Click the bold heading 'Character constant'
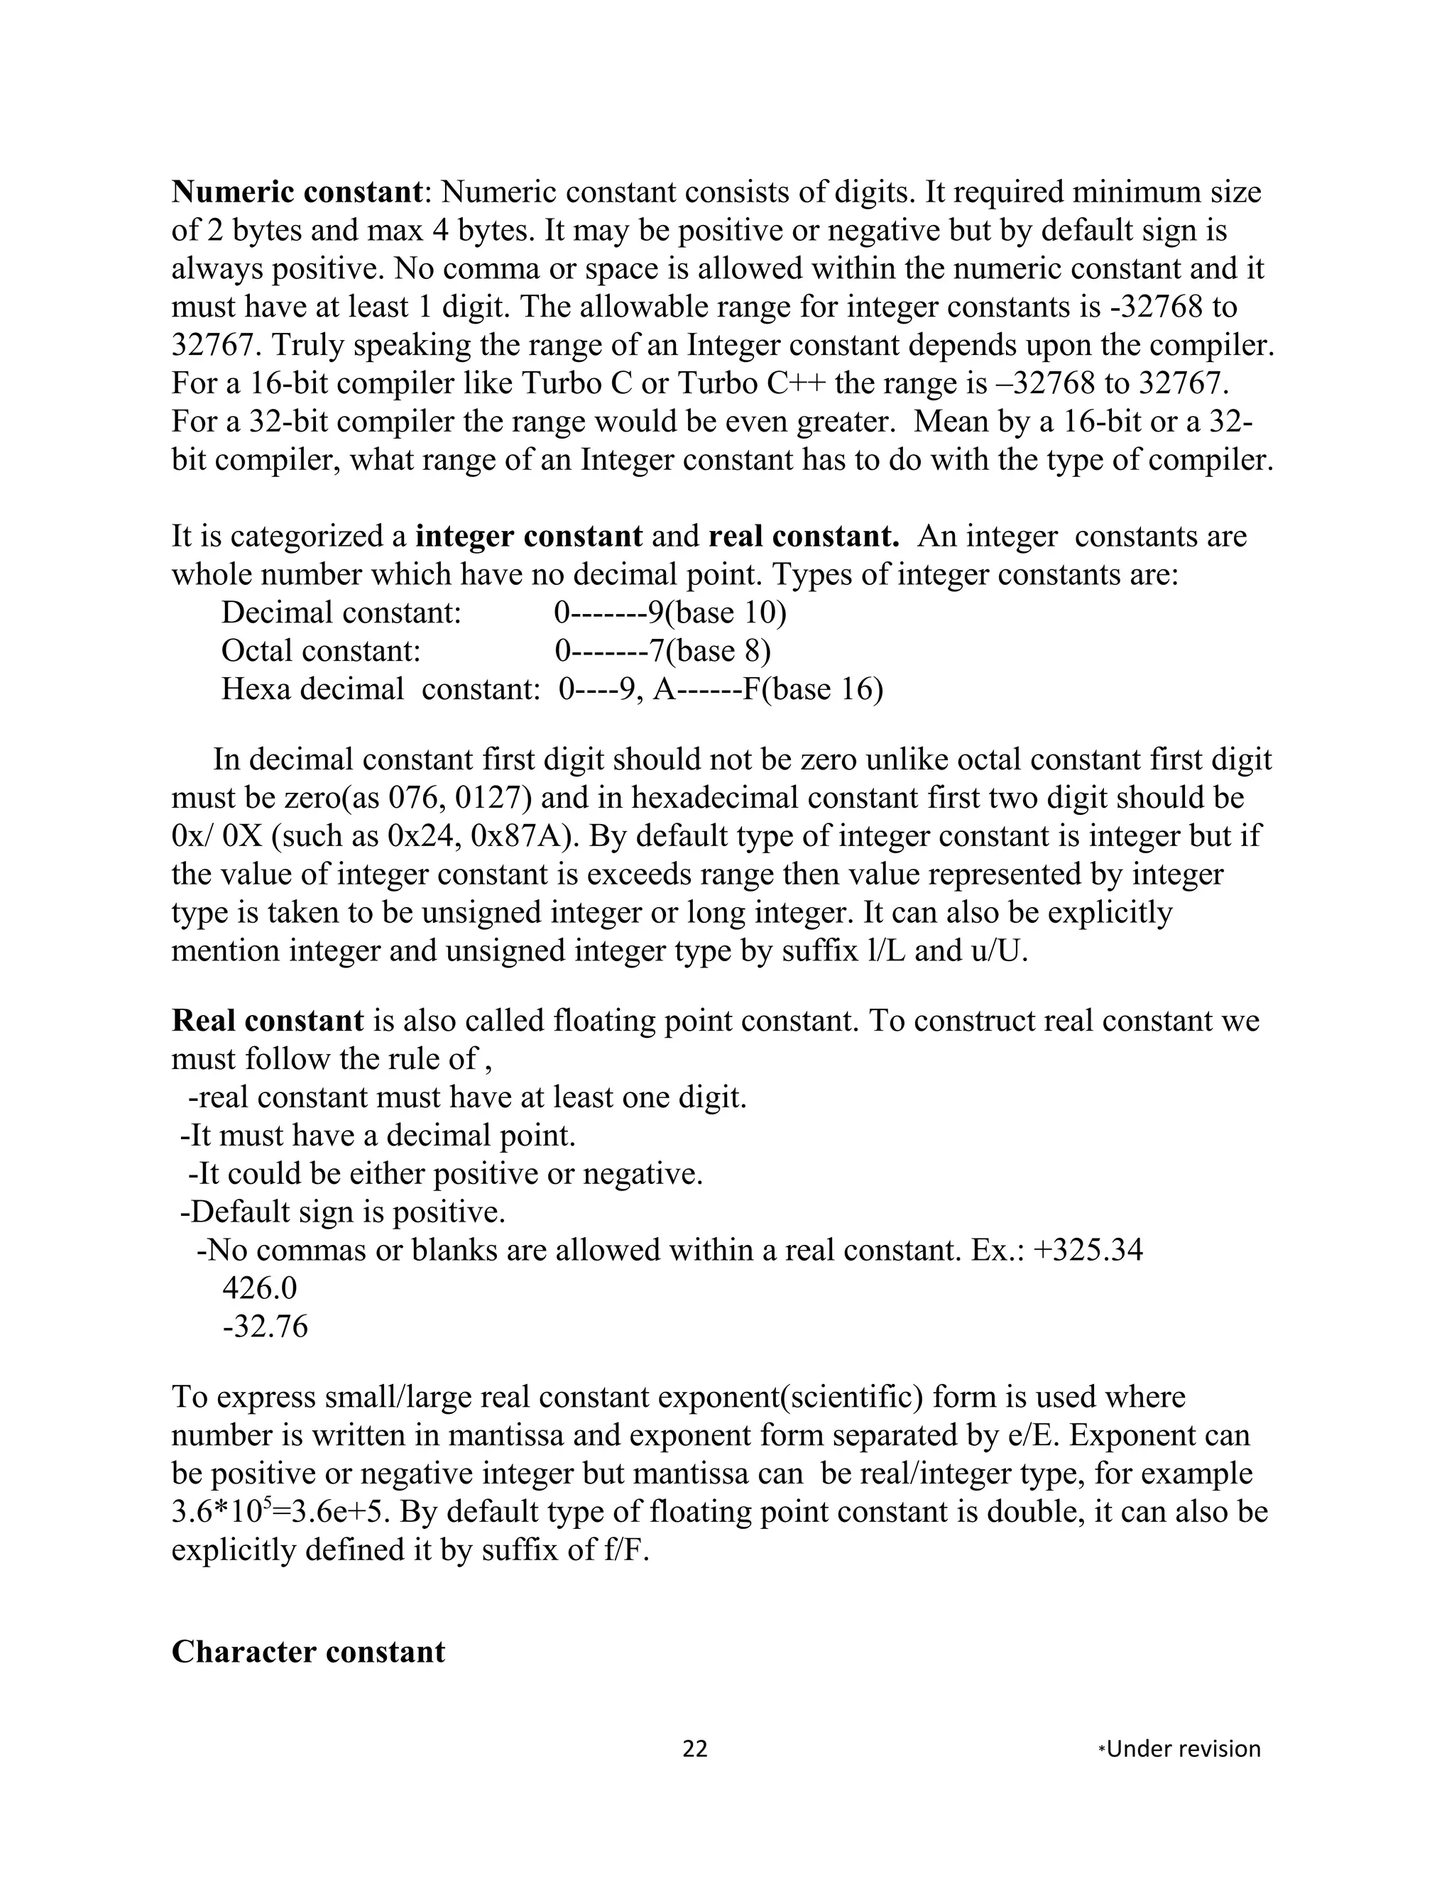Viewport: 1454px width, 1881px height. click(307, 1652)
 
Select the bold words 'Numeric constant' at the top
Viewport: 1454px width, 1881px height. click(296, 191)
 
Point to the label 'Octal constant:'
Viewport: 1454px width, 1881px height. click(320, 650)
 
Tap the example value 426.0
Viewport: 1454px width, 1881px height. click(259, 1288)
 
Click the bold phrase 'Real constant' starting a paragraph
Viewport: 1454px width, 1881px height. click(268, 1021)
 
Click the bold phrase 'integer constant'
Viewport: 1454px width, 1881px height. click(528, 537)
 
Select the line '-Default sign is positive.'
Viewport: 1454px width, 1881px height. click(342, 1212)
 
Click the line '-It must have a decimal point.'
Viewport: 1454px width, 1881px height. click(377, 1135)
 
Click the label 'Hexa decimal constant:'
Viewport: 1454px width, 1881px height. click(380, 689)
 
